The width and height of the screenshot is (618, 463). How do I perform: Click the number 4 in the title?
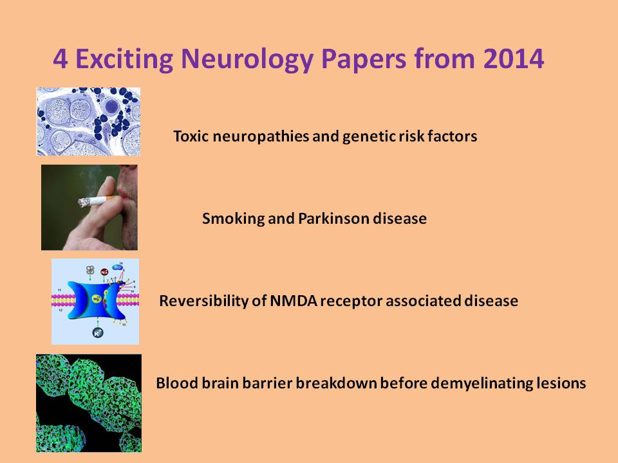(60, 59)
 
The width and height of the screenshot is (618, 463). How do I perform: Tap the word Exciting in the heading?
(124, 59)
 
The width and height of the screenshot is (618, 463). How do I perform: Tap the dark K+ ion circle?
(98, 332)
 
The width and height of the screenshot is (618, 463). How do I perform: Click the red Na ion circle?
(104, 272)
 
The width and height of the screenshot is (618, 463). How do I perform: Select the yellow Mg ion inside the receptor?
(96, 299)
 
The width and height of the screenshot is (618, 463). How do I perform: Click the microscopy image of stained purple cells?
(88, 122)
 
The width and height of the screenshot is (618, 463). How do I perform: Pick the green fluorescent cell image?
(89, 403)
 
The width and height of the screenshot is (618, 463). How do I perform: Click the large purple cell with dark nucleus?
(112, 106)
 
